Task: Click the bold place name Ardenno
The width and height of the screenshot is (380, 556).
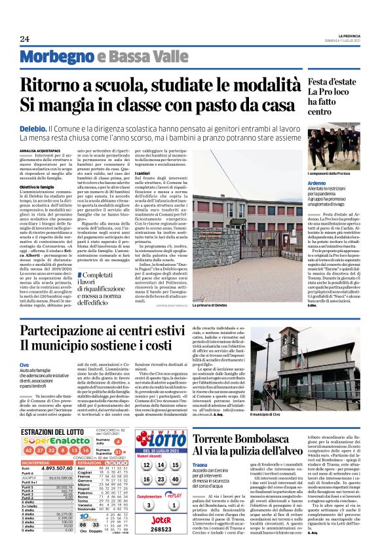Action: coord(316,182)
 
